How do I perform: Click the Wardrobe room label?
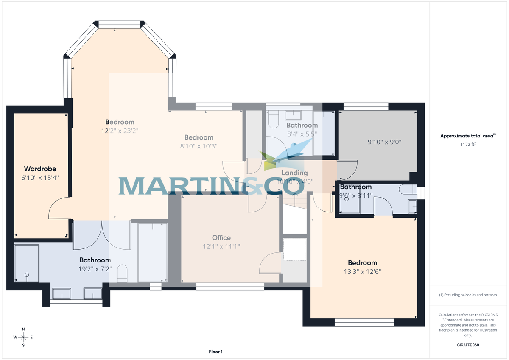pyautogui.click(x=40, y=169)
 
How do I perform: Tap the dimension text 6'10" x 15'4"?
pyautogui.click(x=40, y=178)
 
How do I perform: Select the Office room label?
pyautogui.click(x=221, y=238)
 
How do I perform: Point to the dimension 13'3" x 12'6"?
pyautogui.click(x=362, y=272)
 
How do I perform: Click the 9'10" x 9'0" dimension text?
pyautogui.click(x=384, y=142)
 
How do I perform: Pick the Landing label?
pyautogui.click(x=294, y=173)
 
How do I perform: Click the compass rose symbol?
pyautogui.click(x=23, y=337)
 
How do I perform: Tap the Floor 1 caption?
pyautogui.click(x=215, y=352)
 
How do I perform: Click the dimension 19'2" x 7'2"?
pyautogui.click(x=95, y=269)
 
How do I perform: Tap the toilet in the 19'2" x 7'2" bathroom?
pyautogui.click(x=122, y=273)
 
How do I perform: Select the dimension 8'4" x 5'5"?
pyautogui.click(x=302, y=134)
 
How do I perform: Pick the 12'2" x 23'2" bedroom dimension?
pyautogui.click(x=120, y=131)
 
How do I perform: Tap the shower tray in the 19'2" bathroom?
pyautogui.click(x=27, y=263)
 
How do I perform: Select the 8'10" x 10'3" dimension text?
pyautogui.click(x=199, y=146)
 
